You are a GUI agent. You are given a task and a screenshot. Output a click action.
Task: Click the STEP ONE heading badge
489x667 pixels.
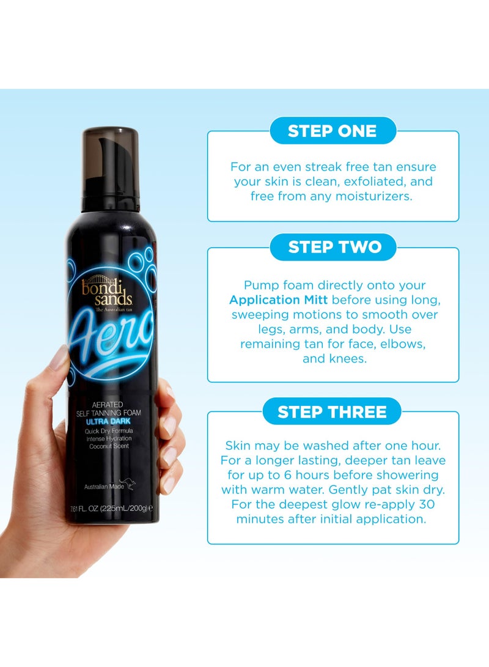[333, 131]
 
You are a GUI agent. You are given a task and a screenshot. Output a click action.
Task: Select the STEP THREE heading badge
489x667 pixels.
[333, 411]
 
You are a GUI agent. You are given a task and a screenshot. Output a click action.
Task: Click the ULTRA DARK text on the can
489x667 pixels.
[111, 422]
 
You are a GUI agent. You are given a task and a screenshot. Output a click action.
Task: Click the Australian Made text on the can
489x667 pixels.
[103, 487]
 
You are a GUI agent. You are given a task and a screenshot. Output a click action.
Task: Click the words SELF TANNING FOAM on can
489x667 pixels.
[111, 413]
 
